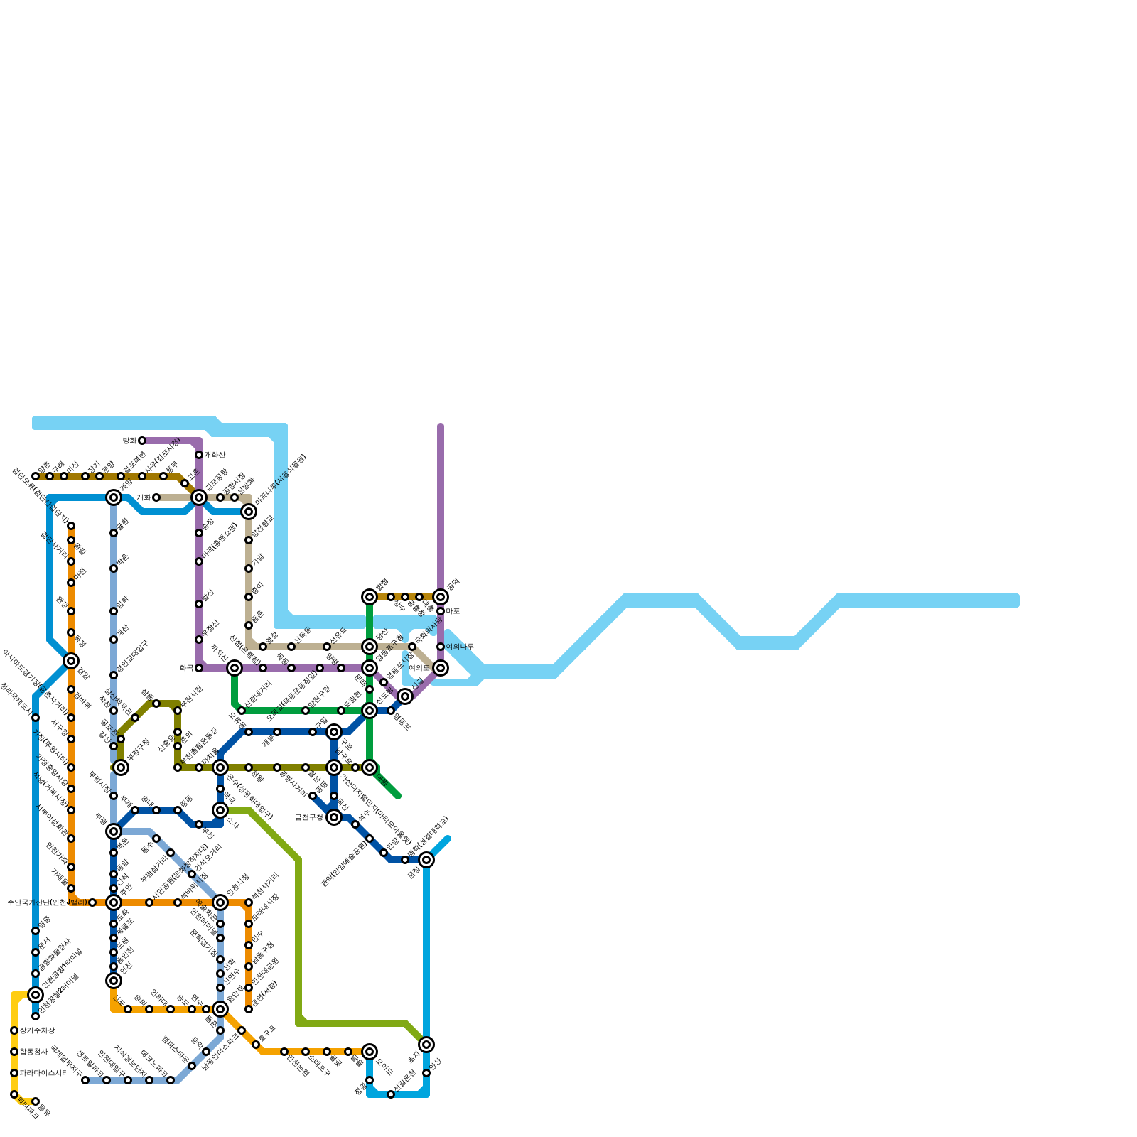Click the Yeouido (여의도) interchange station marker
pyautogui.click(x=441, y=668)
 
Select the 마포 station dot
pyautogui.click(x=441, y=611)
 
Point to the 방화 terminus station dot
pyautogui.click(x=142, y=441)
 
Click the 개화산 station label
pyautogui.click(x=215, y=455)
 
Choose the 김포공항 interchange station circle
pyautogui.click(x=199, y=497)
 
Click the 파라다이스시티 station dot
pyautogui.click(x=14, y=1073)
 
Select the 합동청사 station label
pyautogui.click(x=33, y=1052)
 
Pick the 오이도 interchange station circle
pyautogui.click(x=370, y=1052)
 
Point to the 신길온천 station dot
pyautogui.click(x=391, y=1094)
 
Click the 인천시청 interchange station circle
pyautogui.click(x=220, y=902)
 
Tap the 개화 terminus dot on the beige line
pyautogui.click(x=156, y=497)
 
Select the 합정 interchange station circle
pyautogui.click(x=370, y=597)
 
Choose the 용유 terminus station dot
pyautogui.click(x=36, y=1101)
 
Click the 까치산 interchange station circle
pyautogui.click(x=235, y=668)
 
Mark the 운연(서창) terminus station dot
pyautogui.click(x=249, y=1009)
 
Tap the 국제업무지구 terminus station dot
pyautogui.click(x=85, y=1080)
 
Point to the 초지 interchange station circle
pyautogui.click(x=426, y=1045)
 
